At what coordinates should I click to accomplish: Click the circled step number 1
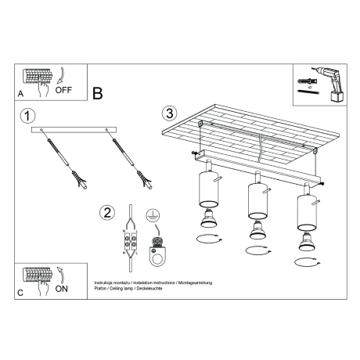click(28, 117)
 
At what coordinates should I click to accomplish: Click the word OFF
click(64, 90)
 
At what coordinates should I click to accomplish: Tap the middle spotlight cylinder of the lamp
click(254, 200)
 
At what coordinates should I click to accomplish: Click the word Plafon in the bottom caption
click(101, 288)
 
